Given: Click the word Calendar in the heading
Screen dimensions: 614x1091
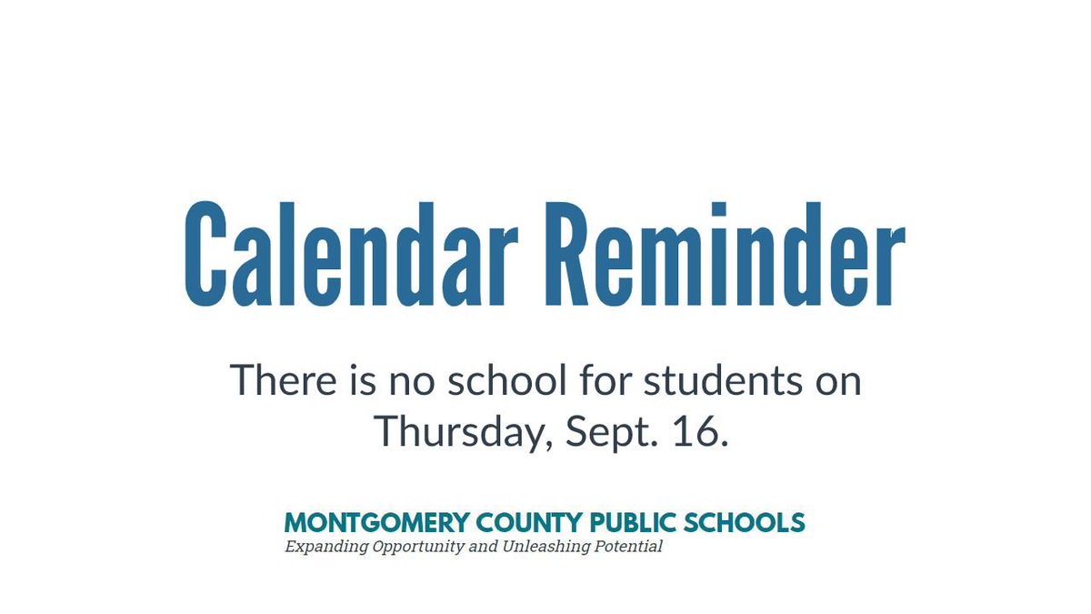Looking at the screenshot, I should [350, 252].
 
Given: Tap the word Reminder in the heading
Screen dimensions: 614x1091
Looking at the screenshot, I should [726, 252].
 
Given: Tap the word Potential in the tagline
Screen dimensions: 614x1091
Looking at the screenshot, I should [628, 547].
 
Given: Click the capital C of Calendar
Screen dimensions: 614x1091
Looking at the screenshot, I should [205, 252].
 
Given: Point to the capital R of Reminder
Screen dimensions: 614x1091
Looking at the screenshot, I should [572, 252].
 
